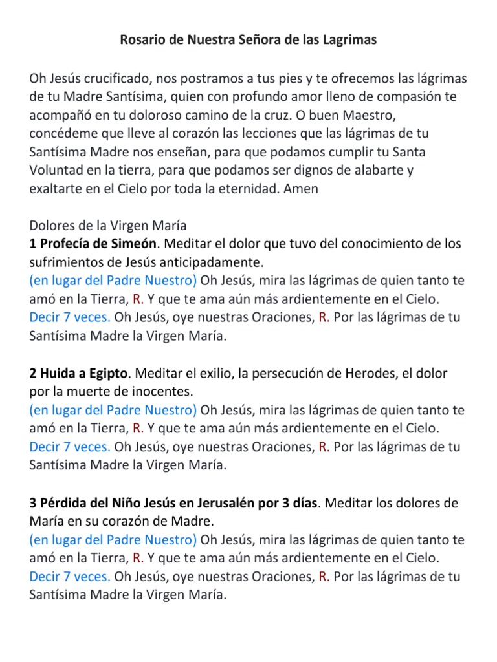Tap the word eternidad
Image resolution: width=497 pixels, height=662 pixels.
click(x=252, y=190)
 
